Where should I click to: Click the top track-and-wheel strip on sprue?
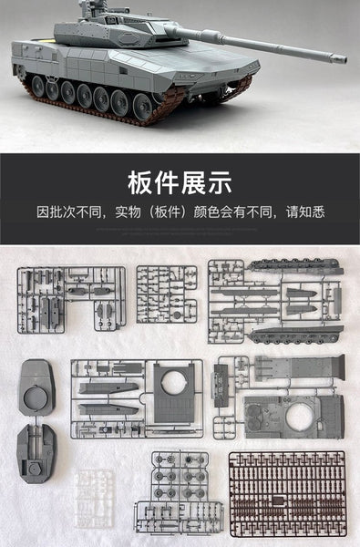pyautogui.click(x=295, y=266)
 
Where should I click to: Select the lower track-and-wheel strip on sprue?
pyautogui.click(x=295, y=335)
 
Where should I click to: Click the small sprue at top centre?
pyautogui.click(x=166, y=294)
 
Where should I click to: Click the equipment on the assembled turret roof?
pyautogui.click(x=95, y=12)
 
